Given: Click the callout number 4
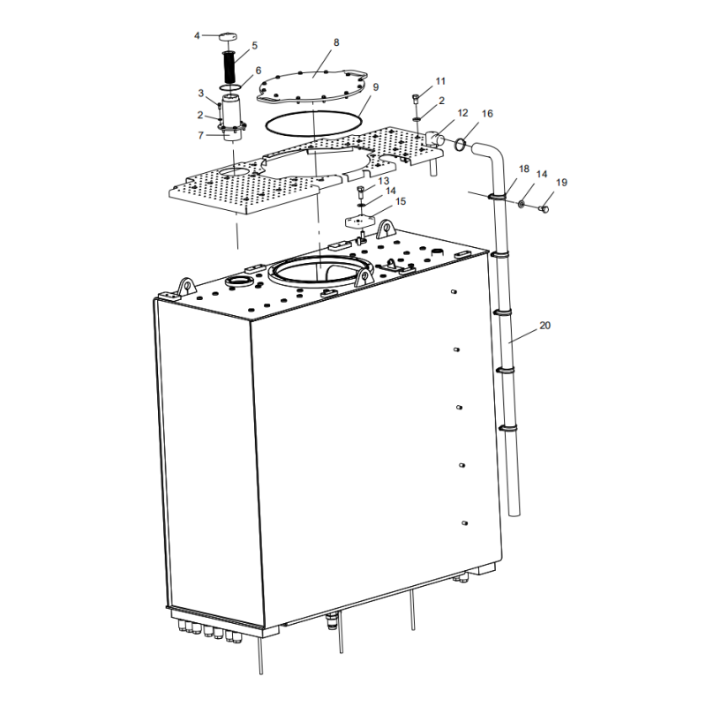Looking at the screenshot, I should coord(197,36).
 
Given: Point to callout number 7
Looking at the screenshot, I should coord(200,135).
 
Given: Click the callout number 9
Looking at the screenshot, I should coord(376,87).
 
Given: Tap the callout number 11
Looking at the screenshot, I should coord(441,80).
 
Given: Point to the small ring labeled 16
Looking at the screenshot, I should coord(460,144).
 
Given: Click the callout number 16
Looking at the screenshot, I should coord(487,115).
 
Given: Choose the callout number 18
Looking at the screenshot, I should coord(524,169).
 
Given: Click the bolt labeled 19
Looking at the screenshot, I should coord(543,208).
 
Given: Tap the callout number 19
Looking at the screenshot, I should coord(562,183).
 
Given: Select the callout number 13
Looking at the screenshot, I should coord(384,181).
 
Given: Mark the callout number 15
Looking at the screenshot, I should coord(401,202).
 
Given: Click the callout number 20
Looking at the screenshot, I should coord(545,326).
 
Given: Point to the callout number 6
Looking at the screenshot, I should coord(259,71).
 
